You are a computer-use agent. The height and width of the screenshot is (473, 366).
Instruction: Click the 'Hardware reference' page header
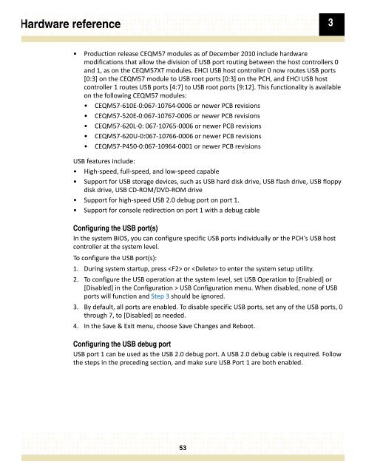(61, 25)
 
